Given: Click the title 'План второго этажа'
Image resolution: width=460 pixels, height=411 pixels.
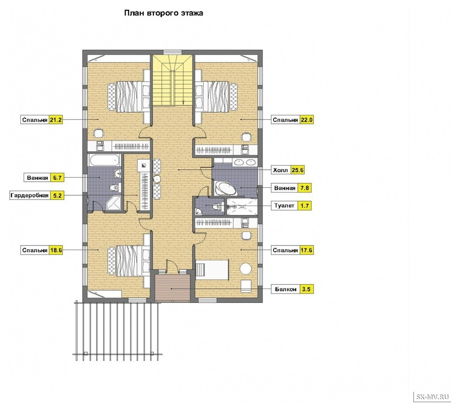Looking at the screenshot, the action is point(164,13).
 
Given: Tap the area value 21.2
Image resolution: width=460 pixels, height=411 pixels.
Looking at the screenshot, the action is point(56,120).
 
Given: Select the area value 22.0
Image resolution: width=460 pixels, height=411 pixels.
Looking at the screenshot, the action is point(307,120).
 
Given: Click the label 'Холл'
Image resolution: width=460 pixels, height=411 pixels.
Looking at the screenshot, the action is point(281,170).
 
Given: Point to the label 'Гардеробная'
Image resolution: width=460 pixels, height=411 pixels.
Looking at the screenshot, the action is point(29,195).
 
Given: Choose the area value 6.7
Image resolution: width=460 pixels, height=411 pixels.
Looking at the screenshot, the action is point(56,178).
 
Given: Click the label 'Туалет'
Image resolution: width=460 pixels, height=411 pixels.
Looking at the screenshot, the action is point(284,205).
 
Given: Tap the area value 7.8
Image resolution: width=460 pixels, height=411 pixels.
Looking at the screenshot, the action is point(304,188).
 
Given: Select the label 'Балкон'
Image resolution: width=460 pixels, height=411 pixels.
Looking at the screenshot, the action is point(285,289).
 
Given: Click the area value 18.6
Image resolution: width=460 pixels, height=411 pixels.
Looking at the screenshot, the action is point(56,250).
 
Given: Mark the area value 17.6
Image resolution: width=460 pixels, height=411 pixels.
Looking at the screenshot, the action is point(307,250).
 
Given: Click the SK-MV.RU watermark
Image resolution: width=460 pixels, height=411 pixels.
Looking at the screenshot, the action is point(433,397).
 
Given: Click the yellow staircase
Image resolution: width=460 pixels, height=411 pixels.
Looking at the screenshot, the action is point(172,80).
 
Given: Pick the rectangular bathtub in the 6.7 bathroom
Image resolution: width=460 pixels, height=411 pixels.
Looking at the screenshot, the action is point(105,161).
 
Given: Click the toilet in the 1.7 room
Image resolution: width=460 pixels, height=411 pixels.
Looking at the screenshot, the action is point(217,206).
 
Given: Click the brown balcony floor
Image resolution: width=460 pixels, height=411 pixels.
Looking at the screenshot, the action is point(172,288).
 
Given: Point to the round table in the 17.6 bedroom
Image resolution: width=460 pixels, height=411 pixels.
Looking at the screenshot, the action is point(245,269).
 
